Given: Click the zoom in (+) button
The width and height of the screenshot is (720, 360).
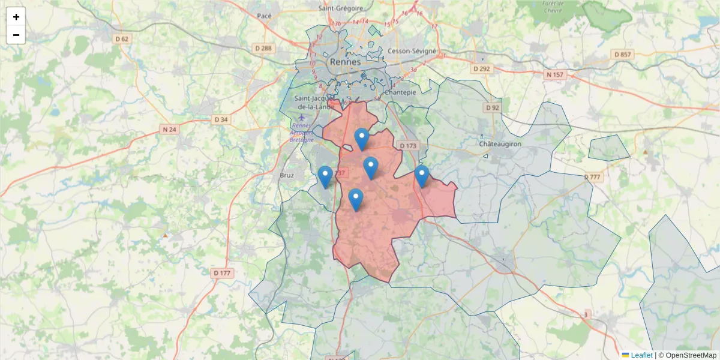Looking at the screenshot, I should (x=16, y=17).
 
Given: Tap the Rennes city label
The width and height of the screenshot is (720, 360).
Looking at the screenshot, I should (x=345, y=62).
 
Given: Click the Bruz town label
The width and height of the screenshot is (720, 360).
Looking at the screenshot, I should (x=287, y=176).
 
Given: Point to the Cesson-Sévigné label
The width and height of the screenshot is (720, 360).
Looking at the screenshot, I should (x=412, y=51).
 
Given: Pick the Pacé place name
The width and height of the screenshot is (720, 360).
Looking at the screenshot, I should (x=264, y=16).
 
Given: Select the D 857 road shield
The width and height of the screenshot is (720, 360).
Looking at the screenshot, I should (x=623, y=55).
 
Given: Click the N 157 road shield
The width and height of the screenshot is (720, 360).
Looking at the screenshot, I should (x=556, y=75).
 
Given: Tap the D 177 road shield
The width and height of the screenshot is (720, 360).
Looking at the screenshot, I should (x=222, y=273).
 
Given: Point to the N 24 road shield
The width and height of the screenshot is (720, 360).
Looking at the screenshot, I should (x=169, y=129).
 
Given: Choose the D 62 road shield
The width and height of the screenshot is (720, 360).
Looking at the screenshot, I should (x=122, y=39).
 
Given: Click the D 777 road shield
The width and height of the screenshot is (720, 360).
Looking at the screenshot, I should (x=592, y=177).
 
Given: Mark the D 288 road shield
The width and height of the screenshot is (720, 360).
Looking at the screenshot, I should (x=263, y=48).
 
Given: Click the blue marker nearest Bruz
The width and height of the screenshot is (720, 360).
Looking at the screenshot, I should (x=325, y=176).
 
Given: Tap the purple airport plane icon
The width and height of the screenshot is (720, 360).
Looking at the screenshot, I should (x=301, y=116).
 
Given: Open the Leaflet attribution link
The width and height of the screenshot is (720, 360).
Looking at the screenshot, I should (x=641, y=355).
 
